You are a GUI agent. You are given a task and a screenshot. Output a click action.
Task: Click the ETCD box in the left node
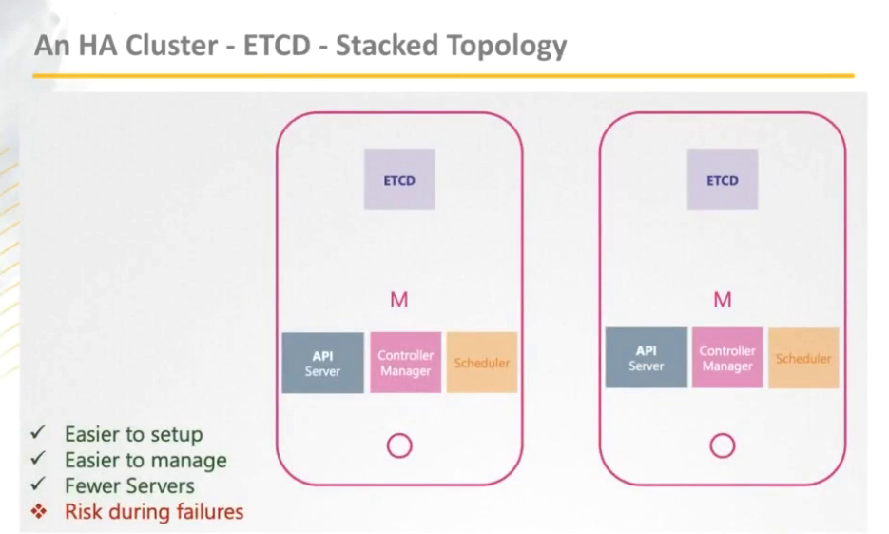click(399, 180)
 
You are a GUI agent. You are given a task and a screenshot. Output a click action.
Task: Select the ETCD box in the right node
click(723, 180)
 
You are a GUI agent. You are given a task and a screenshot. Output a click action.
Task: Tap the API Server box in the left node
click(322, 363)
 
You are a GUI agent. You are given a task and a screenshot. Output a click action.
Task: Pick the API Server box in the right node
click(646, 358)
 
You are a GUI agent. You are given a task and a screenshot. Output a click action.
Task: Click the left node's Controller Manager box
click(406, 363)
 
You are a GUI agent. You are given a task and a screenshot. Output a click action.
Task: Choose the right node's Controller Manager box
click(727, 358)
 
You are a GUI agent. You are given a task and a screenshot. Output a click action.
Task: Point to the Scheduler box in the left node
click(482, 363)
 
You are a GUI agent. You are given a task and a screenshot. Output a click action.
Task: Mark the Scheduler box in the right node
click(803, 358)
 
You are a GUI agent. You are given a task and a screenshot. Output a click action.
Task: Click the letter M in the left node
click(399, 301)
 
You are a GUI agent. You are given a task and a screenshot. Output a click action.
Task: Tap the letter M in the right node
click(723, 301)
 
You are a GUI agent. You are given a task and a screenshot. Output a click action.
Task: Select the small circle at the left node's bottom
click(399, 445)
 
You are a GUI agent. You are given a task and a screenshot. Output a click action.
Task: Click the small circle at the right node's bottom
click(723, 445)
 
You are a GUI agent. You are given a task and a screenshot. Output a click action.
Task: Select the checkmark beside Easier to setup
click(38, 433)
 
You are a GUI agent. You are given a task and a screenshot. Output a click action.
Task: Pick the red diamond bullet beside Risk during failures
click(38, 511)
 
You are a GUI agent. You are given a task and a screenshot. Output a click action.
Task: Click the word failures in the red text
click(207, 511)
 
